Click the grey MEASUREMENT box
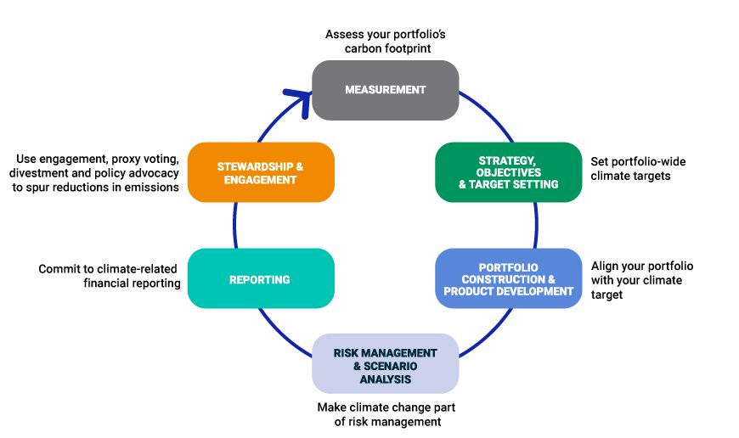(x=385, y=90)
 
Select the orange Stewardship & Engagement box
(x=260, y=172)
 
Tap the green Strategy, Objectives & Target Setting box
(x=508, y=172)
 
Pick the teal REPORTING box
(x=260, y=278)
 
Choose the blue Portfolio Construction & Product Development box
(x=508, y=278)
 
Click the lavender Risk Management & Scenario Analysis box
(x=385, y=363)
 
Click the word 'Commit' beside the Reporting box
(x=59, y=269)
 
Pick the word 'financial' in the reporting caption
(x=111, y=284)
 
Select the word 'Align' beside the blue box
(x=606, y=266)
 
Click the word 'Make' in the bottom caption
(x=334, y=407)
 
